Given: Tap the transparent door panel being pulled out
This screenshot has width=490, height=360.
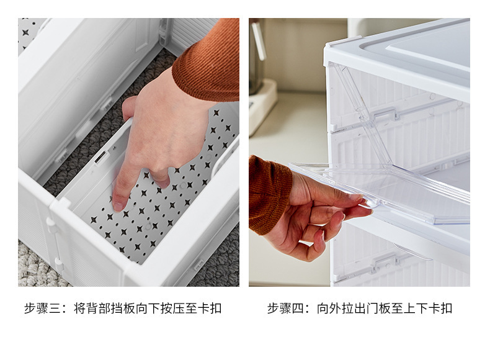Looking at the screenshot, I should [403, 192].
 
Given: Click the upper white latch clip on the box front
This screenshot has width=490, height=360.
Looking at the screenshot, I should [385, 115].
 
